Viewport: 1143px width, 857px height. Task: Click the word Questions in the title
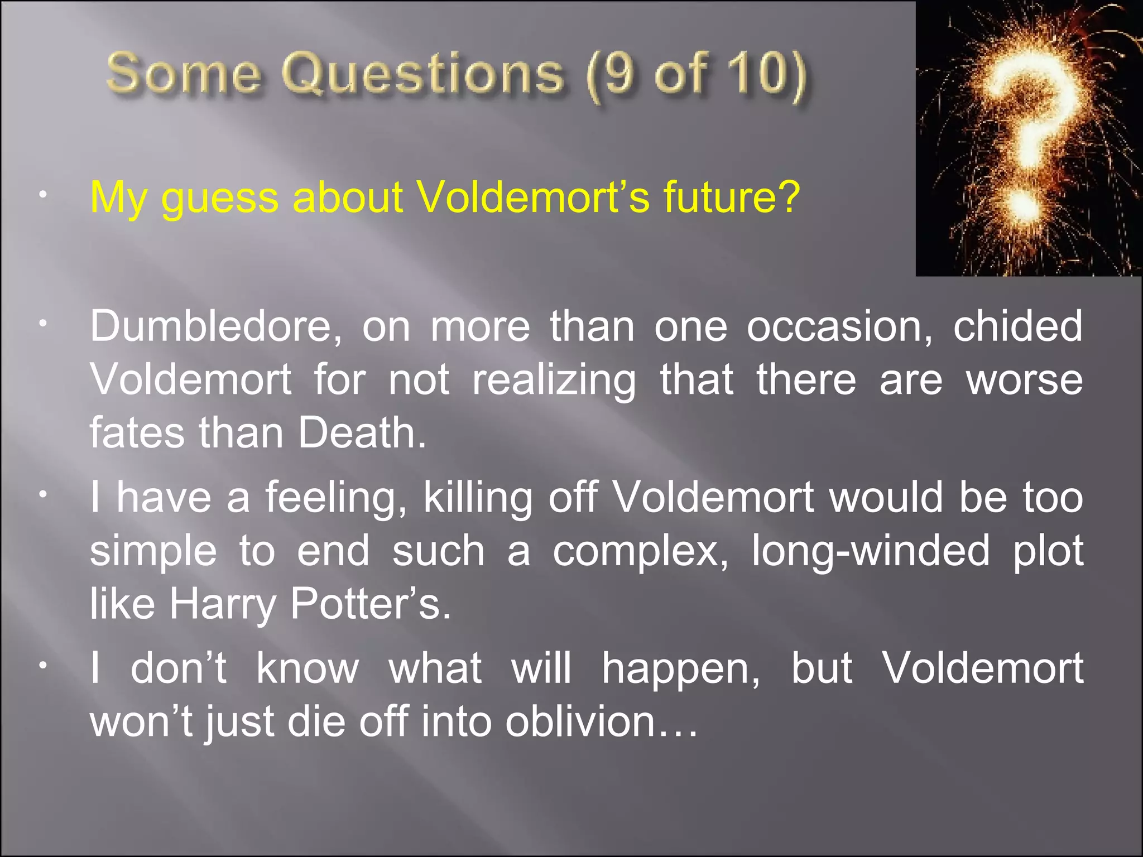click(422, 74)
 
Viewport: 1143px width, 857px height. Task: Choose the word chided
click(1017, 326)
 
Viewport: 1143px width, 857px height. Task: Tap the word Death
click(362, 433)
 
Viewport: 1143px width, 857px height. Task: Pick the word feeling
click(336, 498)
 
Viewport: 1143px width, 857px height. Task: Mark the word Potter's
click(370, 604)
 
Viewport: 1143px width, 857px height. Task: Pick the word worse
click(1024, 381)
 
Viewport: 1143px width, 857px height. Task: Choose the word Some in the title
click(184, 74)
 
